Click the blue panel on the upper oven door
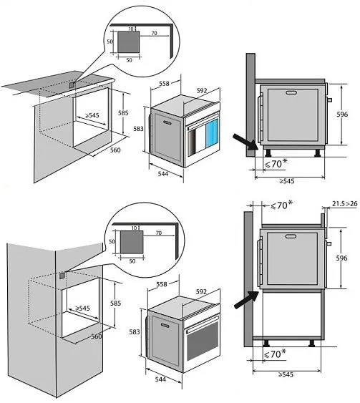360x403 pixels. click(212, 132)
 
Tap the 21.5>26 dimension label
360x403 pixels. click(344, 204)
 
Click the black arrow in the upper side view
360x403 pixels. click(245, 142)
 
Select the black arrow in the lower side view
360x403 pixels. click(247, 300)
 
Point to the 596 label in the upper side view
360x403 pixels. click(342, 115)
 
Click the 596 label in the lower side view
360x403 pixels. click(341, 258)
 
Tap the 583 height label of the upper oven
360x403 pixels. click(138, 129)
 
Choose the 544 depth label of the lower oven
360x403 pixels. click(160, 379)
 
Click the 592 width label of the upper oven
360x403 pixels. click(202, 90)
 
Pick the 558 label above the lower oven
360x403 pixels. click(162, 284)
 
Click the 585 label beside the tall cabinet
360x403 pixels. click(115, 303)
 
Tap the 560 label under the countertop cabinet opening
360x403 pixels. click(115, 150)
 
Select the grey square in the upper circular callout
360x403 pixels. click(129, 42)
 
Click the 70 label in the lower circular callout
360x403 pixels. click(159, 233)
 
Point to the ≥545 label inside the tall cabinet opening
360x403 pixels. click(82, 308)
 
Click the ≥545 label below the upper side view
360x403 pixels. click(287, 181)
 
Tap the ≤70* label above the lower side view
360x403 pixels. click(281, 205)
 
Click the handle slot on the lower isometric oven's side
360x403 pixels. click(165, 326)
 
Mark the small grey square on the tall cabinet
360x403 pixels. click(62, 276)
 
